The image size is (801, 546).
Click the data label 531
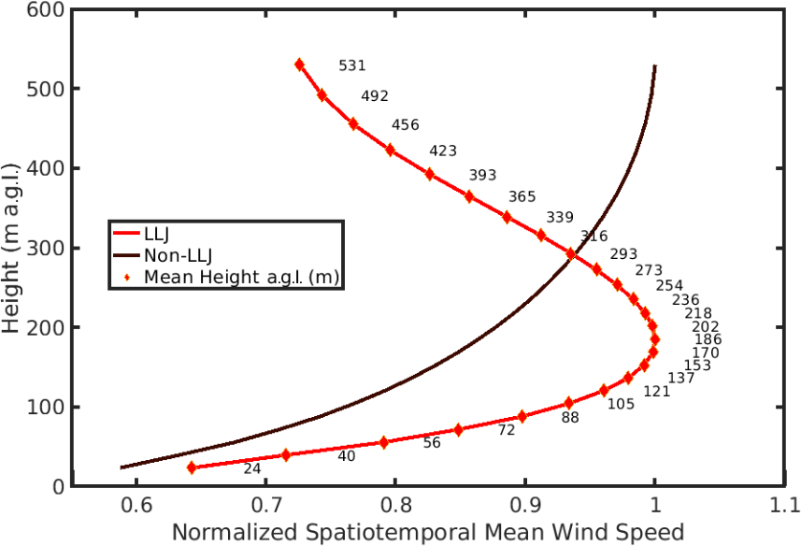[x=351, y=65]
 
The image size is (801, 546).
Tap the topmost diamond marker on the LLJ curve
[x=299, y=65]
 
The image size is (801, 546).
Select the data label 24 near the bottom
[x=252, y=468]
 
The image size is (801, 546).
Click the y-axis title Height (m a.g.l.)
[x=13, y=247]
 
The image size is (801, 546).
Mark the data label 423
[x=443, y=151]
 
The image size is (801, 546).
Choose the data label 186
[x=708, y=339]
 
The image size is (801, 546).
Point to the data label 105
[x=621, y=404]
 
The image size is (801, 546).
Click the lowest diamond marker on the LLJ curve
[x=192, y=467]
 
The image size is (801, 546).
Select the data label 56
[x=431, y=443]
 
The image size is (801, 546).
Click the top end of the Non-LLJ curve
[x=654, y=66]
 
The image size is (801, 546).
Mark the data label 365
[x=522, y=196]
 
